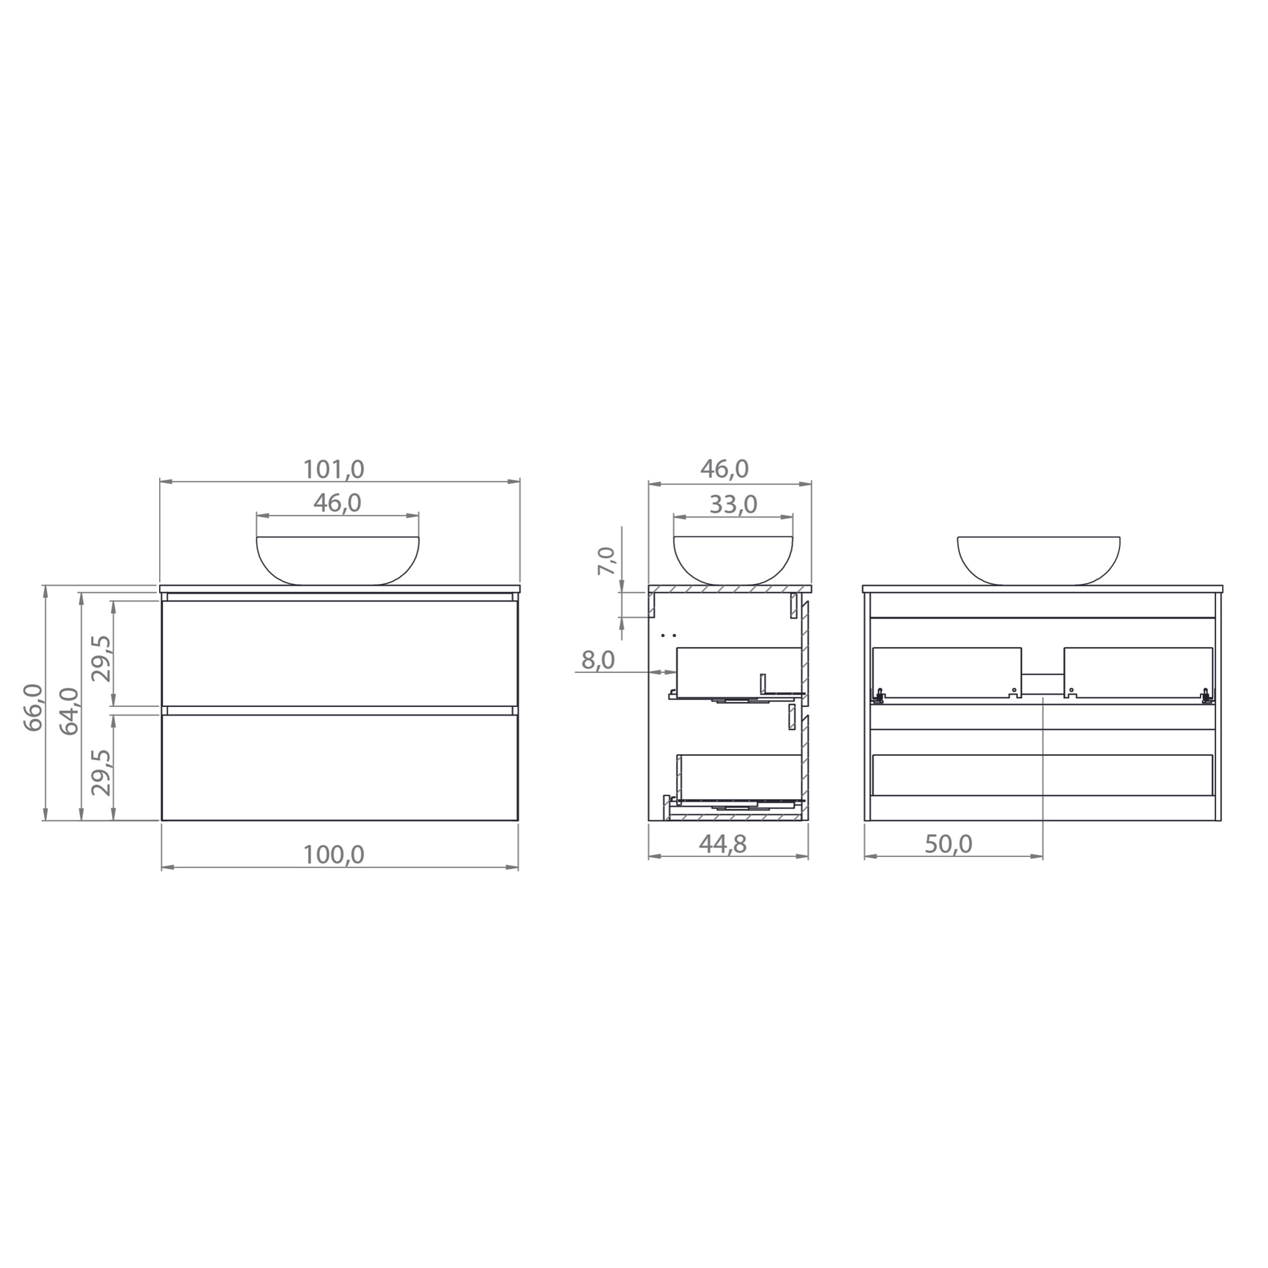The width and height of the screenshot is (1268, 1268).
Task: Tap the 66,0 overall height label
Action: pos(33,707)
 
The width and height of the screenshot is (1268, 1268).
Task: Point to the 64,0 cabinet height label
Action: pos(69,711)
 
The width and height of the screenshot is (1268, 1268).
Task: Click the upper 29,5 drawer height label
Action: pos(102,658)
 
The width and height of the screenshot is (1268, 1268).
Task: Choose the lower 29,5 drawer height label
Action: pos(102,772)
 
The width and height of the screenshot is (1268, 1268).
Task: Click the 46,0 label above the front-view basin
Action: pos(337,503)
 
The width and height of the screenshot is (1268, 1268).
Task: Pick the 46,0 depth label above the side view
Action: pos(724,469)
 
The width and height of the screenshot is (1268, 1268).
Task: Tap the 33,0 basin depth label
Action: pos(733,505)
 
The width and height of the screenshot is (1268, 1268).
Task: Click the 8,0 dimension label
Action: pos(598,659)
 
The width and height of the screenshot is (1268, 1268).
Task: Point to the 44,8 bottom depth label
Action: pos(723,844)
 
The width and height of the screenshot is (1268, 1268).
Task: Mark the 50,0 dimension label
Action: pos(949,844)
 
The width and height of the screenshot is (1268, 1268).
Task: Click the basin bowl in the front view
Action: pos(337,560)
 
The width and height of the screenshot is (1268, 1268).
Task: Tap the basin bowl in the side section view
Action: pos(733,560)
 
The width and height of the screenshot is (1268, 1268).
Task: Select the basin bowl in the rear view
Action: pos(1038,560)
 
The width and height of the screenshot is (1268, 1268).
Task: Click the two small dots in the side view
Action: pos(669,635)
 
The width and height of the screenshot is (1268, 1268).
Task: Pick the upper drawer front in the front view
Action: pos(339,654)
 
